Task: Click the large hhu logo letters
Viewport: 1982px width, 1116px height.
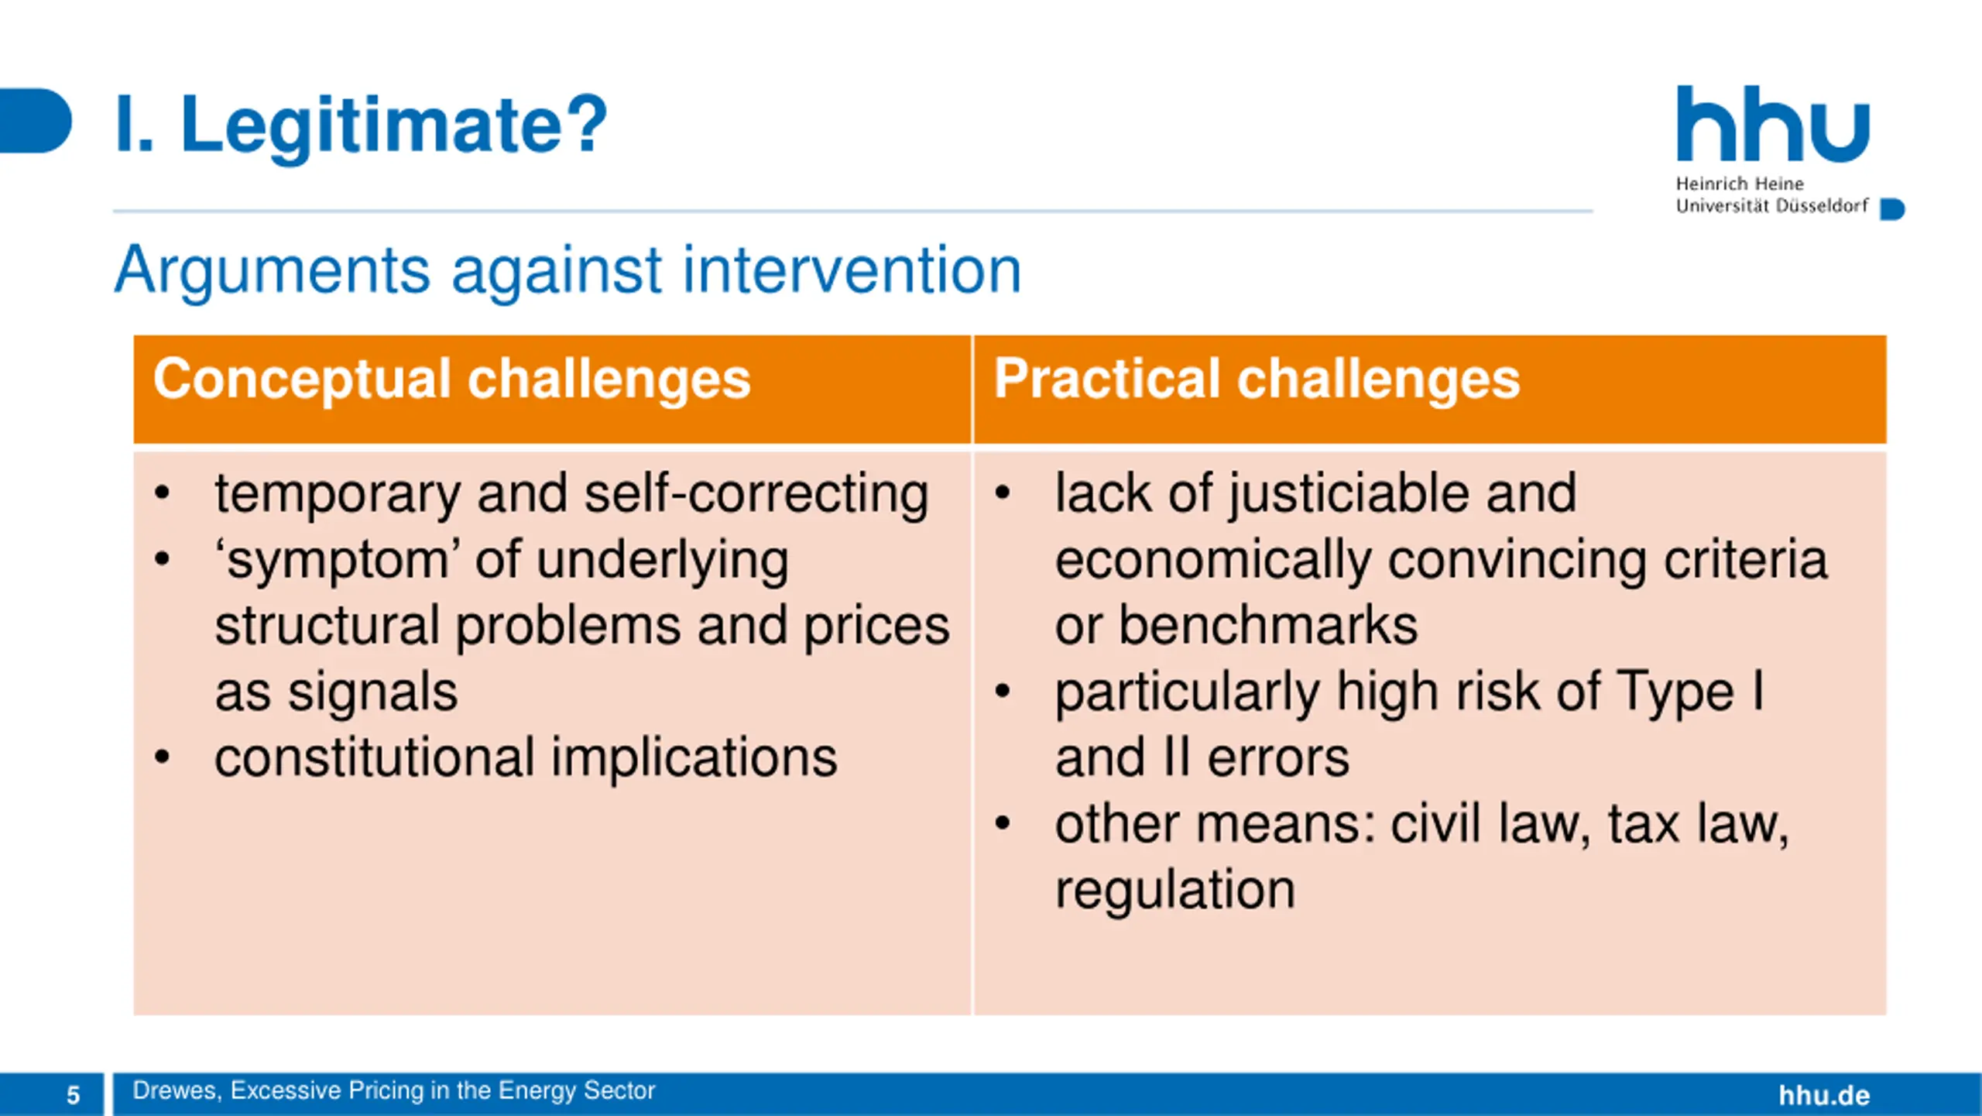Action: coord(1773,124)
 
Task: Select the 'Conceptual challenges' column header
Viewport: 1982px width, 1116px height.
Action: coord(452,379)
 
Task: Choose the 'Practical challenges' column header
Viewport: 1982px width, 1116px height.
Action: coord(1257,379)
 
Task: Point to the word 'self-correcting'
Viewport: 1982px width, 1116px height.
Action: coord(756,494)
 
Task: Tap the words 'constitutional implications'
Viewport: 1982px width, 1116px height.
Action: coord(526,757)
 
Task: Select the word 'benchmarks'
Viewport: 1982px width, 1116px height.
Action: coord(1268,626)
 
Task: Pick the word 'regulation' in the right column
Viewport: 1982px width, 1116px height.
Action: coord(1175,891)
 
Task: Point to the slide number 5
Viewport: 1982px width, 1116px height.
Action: coord(73,1095)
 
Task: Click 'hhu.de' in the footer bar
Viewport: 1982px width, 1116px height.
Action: coord(1824,1095)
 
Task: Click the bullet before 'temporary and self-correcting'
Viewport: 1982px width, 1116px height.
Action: coord(162,493)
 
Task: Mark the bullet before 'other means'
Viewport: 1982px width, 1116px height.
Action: coord(1003,823)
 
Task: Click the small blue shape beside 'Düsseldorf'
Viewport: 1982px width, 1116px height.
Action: coord(1892,209)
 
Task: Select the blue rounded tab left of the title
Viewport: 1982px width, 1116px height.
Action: coord(36,121)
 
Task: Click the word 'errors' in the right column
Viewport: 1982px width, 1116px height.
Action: coord(1278,758)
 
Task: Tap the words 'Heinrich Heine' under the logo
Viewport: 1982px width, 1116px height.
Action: coord(1740,184)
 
